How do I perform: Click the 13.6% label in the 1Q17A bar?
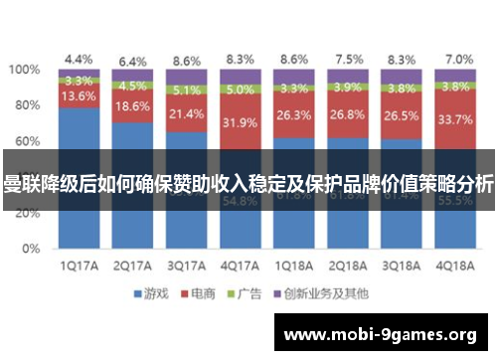(x=79, y=97)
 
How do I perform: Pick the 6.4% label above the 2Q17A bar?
(x=132, y=61)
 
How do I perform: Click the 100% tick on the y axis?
(x=25, y=71)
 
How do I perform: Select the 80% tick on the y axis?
(x=28, y=106)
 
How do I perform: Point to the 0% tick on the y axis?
(x=32, y=248)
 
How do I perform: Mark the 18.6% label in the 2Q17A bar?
(x=132, y=106)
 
